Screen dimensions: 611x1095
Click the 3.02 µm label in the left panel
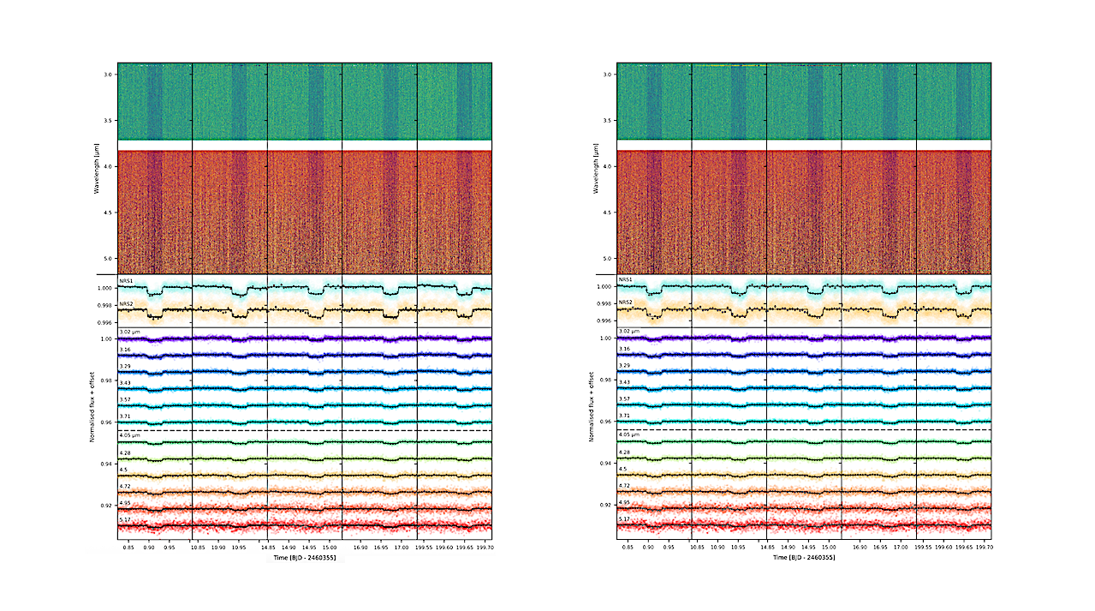coord(130,331)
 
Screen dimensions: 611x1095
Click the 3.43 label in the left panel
coord(125,382)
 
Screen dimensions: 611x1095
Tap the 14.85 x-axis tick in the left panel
coord(270,545)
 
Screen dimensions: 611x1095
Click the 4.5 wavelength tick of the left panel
coord(107,213)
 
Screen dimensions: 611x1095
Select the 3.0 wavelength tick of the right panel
coord(606,75)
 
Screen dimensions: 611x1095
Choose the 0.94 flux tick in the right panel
coord(606,464)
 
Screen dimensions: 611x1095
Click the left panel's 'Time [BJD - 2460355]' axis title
coord(305,557)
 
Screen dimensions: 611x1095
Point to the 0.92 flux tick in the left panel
coord(104,506)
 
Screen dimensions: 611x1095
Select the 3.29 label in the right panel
coord(624,366)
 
